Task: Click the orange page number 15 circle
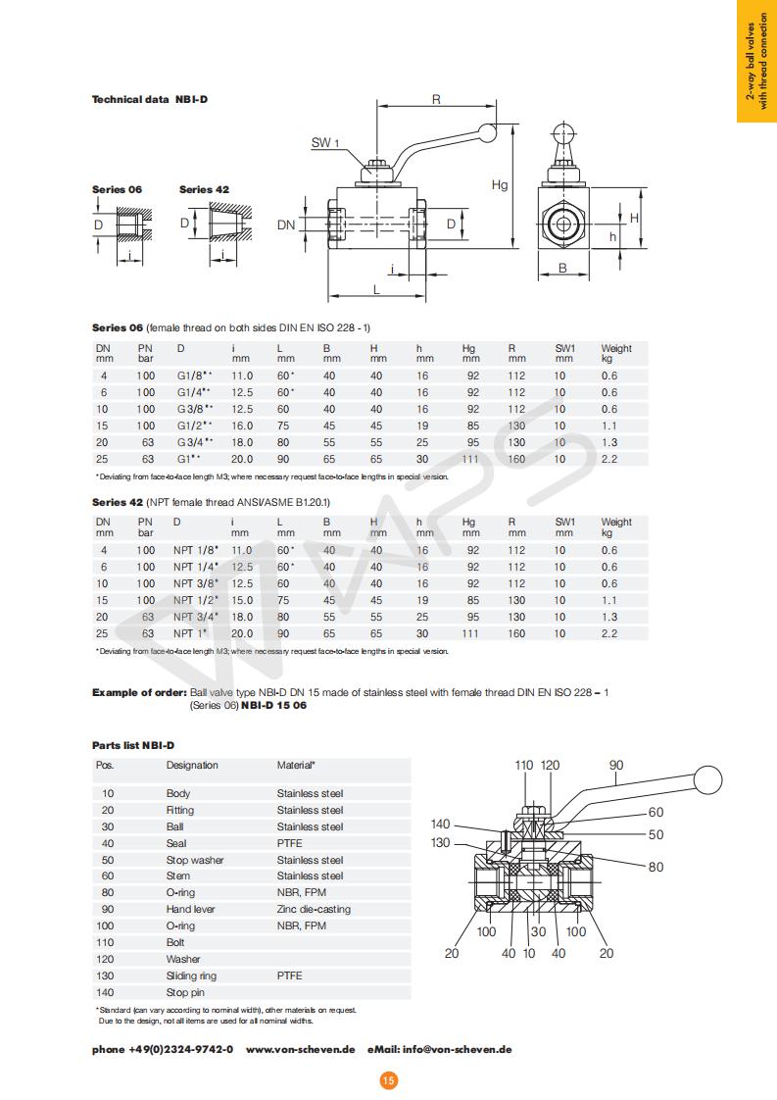pos(388,1080)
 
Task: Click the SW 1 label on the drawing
pos(325,143)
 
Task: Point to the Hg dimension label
pos(500,184)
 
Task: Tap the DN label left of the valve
pos(286,225)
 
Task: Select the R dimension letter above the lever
pos(436,99)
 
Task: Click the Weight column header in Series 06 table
pos(616,352)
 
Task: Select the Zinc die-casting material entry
pos(314,909)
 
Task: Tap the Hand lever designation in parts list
pos(190,909)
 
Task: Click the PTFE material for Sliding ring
pos(289,975)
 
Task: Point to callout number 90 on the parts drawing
pos(616,766)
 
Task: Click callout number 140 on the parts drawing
pos(441,825)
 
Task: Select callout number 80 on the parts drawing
pos(656,867)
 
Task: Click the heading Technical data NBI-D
pos(150,100)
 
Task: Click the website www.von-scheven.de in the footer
pos(300,1049)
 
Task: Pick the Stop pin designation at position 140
pos(185,992)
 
